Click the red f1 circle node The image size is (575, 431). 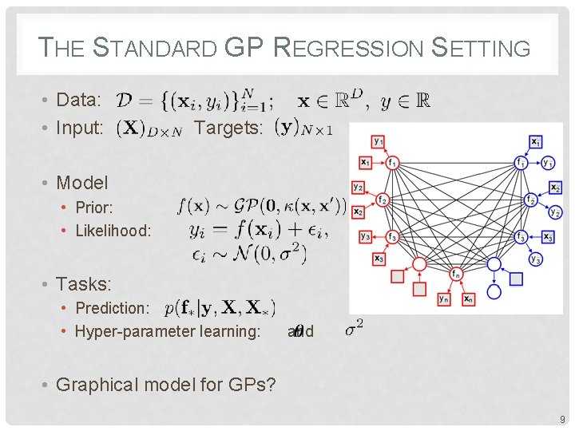point(392,162)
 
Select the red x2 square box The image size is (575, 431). point(358,212)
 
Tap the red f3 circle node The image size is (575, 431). point(392,236)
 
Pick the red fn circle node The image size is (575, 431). point(455,275)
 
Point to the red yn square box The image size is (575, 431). point(443,299)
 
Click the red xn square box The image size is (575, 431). point(467,299)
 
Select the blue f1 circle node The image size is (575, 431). point(521,162)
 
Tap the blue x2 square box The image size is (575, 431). point(555,188)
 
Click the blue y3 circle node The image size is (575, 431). point(536,259)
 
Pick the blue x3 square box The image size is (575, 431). point(548,236)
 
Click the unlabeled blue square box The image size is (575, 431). point(517,279)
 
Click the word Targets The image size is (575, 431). point(228,128)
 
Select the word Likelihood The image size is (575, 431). point(113,231)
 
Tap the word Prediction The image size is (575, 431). point(112,308)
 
